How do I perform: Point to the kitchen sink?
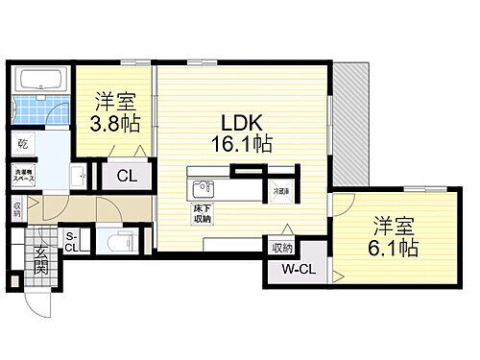[x=201, y=186]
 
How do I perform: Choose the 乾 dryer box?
[x=24, y=145]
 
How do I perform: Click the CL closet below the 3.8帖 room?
[x=125, y=176]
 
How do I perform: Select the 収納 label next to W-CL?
[x=281, y=246]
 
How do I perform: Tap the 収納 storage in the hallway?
[x=18, y=207]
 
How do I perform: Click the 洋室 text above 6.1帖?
[x=388, y=225]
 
